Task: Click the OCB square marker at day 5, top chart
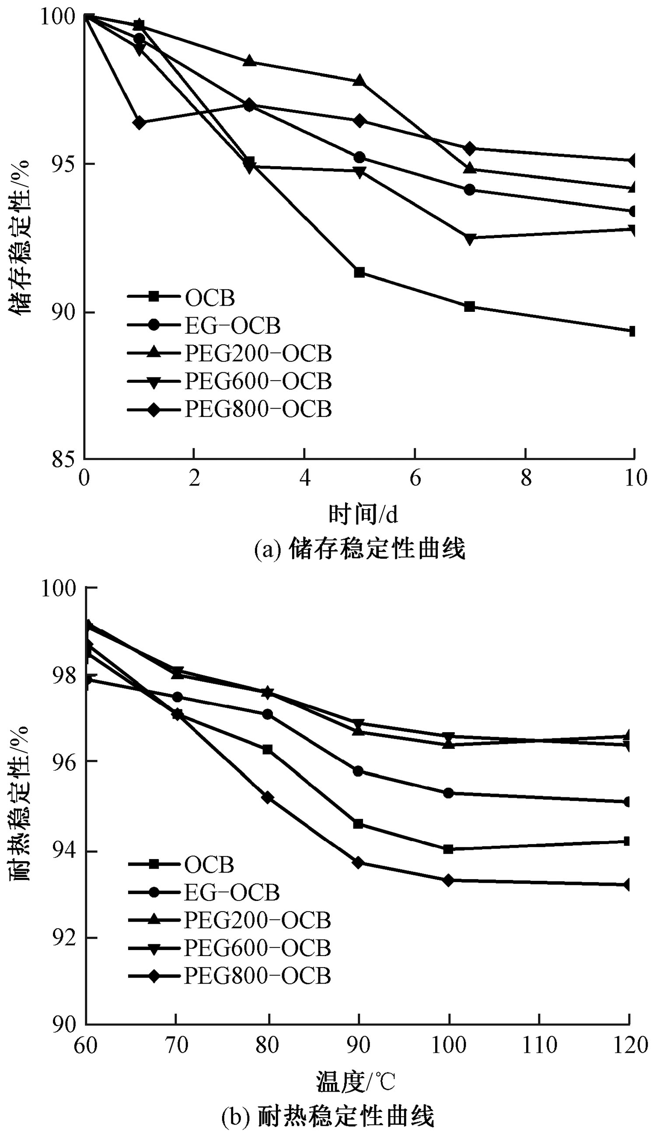tap(359, 272)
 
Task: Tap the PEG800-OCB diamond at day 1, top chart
tap(139, 122)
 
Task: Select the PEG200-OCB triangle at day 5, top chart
tap(359, 80)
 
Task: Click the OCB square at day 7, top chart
tap(470, 307)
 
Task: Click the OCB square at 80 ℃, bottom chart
tap(268, 750)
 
